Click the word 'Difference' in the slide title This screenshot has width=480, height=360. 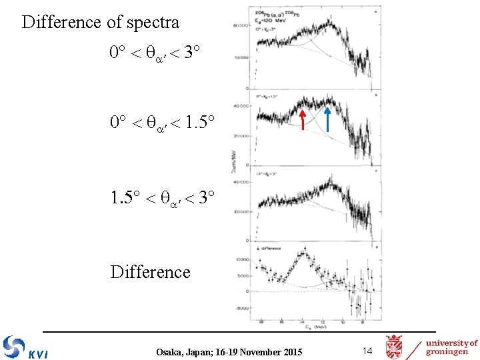pos(61,23)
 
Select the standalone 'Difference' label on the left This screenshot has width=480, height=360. pos(150,272)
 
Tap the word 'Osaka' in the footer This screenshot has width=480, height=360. pos(171,351)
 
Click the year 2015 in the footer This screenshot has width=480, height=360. pos(290,351)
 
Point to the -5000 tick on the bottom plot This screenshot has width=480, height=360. pos(241,308)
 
